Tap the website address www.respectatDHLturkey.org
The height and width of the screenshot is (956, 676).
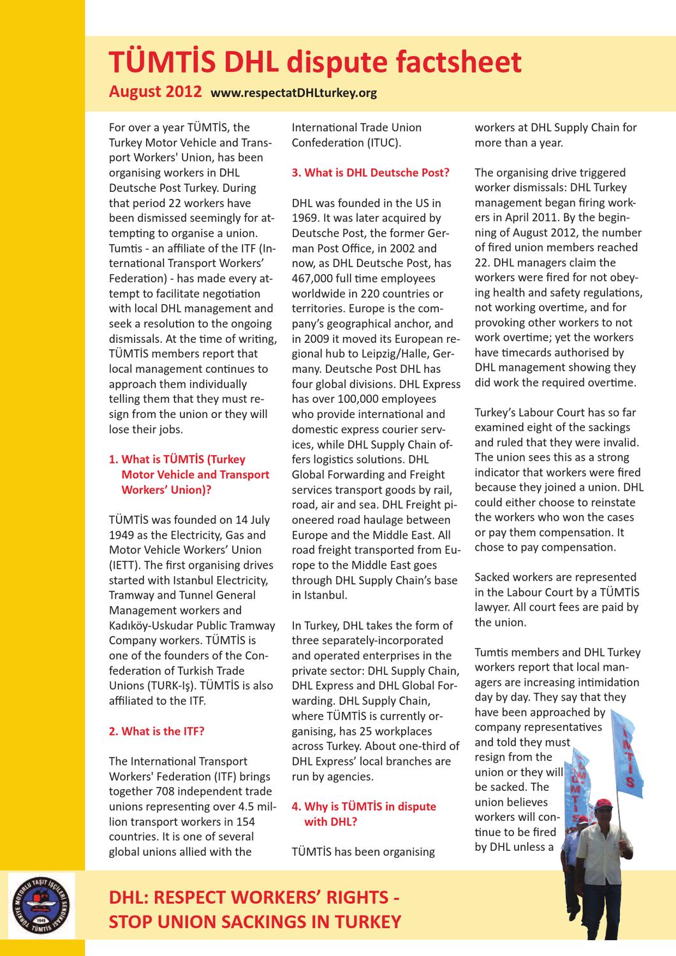(x=293, y=93)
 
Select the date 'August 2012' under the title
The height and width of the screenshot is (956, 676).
(x=156, y=91)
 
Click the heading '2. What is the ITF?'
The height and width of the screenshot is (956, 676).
(x=156, y=731)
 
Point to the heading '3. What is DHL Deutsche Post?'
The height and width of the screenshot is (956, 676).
(x=371, y=173)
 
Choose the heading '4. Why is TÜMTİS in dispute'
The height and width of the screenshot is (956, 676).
(x=364, y=806)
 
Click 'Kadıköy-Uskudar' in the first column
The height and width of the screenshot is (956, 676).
(x=149, y=625)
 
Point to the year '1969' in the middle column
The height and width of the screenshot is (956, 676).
(x=305, y=218)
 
